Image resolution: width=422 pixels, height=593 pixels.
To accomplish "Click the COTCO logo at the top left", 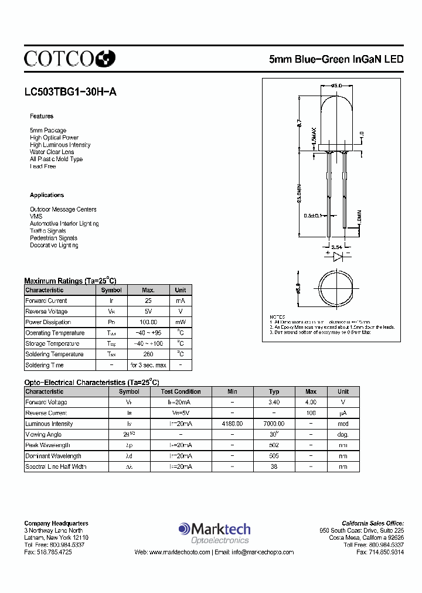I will click(69, 57).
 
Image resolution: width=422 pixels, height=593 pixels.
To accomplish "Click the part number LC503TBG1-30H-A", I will click(70, 91).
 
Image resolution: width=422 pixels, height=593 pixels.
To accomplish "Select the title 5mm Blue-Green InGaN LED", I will click(336, 59).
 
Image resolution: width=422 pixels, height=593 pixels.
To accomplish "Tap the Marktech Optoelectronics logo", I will click(214, 532).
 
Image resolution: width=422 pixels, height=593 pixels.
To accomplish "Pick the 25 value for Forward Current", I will click(148, 301).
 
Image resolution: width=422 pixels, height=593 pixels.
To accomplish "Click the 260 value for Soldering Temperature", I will click(148, 354).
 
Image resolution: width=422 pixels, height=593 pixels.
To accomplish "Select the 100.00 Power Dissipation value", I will click(148, 322).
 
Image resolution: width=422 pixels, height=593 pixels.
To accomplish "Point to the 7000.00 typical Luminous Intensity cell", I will click(274, 424).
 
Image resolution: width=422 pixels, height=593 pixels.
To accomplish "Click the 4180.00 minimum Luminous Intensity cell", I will click(232, 424).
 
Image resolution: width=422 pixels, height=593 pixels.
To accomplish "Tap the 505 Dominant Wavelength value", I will click(274, 456).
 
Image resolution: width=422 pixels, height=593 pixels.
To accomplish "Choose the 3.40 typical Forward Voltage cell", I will click(274, 403).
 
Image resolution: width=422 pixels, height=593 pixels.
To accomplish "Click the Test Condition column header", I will click(181, 391).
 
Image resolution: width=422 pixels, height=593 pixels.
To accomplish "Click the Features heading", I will click(42, 116).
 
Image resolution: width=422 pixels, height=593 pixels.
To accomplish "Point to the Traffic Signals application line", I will click(48, 231).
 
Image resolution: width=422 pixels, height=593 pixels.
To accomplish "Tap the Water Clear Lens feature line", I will click(52, 152).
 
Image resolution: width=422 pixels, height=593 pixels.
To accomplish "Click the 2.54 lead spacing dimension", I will click(337, 247).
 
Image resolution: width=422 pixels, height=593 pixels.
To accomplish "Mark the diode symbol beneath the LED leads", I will click(337, 257).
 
